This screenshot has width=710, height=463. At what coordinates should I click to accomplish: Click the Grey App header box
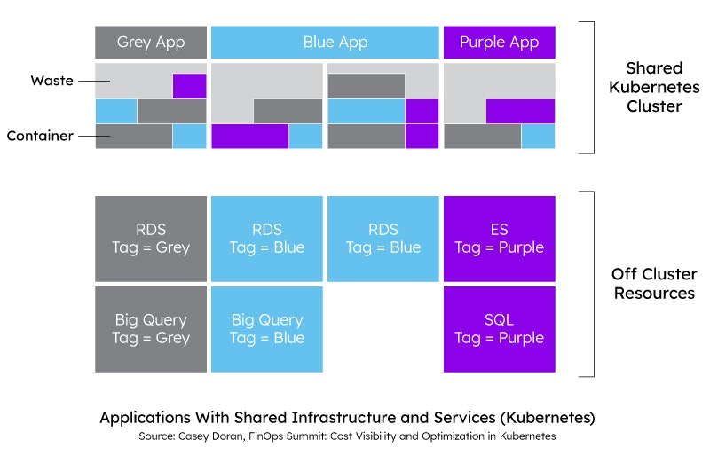point(151,42)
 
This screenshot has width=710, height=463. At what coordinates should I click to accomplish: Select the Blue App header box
point(325,42)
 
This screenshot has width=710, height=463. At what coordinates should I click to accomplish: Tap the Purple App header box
point(500,42)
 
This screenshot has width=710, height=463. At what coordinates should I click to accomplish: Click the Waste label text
point(52,81)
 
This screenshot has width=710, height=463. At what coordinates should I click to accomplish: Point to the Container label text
point(40,136)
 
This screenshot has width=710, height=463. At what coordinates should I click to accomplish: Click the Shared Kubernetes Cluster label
point(654,87)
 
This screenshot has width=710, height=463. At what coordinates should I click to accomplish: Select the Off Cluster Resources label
point(654,283)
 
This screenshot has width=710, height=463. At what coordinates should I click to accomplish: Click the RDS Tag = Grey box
point(151,239)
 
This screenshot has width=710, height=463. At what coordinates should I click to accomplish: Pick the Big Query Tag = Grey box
point(151,329)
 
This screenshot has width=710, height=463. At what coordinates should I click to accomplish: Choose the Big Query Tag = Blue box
point(267,329)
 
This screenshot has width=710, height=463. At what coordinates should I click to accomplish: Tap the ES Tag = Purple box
point(500,239)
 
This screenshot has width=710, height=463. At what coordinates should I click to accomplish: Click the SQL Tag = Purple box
point(500,329)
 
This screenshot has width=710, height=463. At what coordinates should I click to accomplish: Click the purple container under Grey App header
point(189,86)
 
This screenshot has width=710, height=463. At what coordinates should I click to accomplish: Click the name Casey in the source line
point(191,436)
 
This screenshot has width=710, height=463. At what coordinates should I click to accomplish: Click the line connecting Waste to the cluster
point(94,81)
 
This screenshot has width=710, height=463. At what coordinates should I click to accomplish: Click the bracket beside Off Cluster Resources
point(594,284)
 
